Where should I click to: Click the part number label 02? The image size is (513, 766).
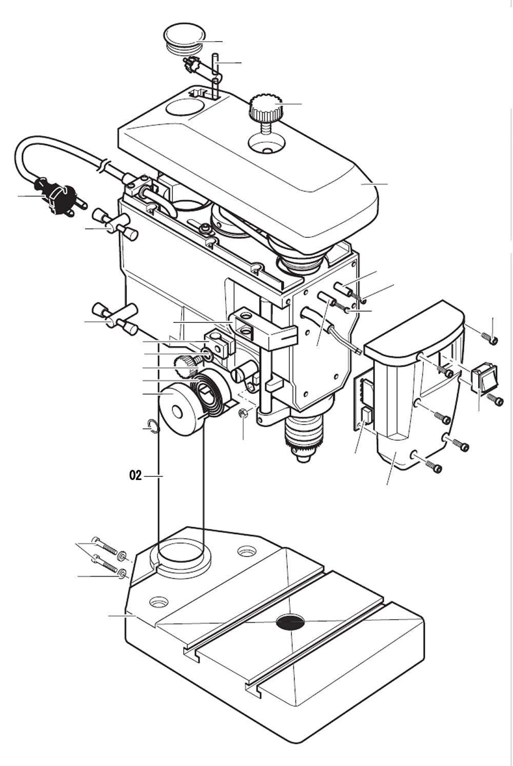click(135, 476)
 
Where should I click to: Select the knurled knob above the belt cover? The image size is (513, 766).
click(265, 109)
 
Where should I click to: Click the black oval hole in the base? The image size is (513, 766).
click(290, 622)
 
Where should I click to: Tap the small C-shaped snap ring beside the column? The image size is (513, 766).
click(151, 425)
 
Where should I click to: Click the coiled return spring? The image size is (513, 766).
click(210, 390)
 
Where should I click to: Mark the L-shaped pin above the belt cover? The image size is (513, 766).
click(215, 74)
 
